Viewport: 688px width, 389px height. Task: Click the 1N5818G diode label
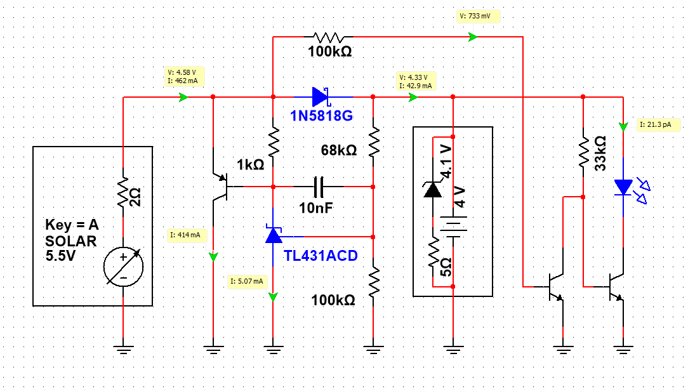321,115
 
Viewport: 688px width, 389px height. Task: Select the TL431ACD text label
321,256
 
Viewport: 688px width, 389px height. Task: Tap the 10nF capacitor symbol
319,187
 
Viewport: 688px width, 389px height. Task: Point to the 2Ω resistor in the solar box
123,192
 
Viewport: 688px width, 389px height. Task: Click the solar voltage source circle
123,267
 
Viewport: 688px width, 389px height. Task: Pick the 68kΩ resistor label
339,150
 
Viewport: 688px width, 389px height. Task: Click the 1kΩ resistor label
251,165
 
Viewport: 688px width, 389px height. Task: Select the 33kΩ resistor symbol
583,152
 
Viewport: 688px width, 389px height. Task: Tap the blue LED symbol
625,187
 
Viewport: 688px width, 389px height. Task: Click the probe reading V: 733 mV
479,16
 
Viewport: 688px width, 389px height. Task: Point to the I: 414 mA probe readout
185,235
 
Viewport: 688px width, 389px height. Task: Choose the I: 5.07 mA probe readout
247,281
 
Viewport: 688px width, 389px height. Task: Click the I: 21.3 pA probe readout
658,124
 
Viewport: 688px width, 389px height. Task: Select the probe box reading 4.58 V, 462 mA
184,77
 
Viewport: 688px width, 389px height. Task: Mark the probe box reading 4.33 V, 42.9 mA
416,82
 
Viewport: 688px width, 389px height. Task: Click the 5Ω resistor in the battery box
433,253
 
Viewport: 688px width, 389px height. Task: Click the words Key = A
72,225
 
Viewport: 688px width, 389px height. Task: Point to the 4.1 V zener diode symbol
433,190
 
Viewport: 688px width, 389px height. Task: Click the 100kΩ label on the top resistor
330,52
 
